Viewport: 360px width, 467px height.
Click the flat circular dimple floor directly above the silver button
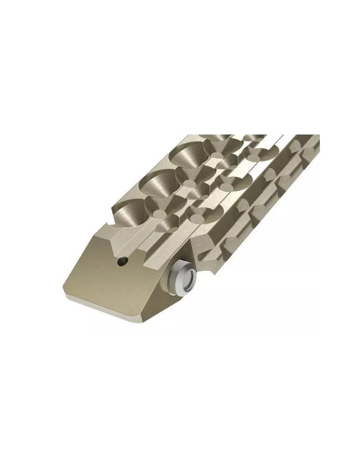196,217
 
